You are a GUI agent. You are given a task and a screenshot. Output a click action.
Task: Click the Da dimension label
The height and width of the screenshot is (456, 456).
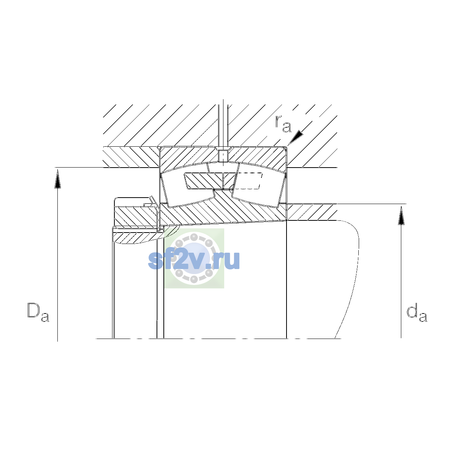point(38,312)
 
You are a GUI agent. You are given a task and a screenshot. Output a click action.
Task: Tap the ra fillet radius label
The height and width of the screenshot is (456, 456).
point(283,124)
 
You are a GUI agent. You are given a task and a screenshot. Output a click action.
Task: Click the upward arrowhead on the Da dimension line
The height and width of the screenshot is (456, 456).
point(57,179)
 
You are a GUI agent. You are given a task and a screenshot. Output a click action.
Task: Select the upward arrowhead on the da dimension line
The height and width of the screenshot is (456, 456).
point(401,215)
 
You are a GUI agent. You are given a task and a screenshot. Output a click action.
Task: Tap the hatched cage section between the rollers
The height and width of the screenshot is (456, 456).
point(210,181)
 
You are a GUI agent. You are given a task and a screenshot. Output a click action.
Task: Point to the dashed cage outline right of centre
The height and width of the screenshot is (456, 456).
point(249,181)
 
